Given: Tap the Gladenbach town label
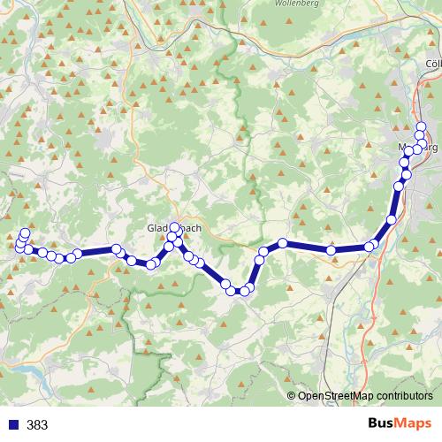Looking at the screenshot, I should pyautogui.click(x=174, y=227).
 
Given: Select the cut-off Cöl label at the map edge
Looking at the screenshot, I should pyautogui.click(x=433, y=64).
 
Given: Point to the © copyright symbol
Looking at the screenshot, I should pyautogui.click(x=292, y=395).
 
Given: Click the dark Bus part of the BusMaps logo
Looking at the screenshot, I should pyautogui.click(x=382, y=424).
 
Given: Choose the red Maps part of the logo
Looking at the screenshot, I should pyautogui.click(x=414, y=424).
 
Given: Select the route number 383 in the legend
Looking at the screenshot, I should pyautogui.click(x=37, y=425).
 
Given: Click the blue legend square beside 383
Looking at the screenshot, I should pyautogui.click(x=14, y=425).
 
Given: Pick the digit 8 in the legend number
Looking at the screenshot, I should pyautogui.click(x=37, y=425).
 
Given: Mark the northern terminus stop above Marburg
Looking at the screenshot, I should pyautogui.click(x=421, y=126).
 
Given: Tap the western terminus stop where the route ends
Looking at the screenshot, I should pyautogui.click(x=25, y=233).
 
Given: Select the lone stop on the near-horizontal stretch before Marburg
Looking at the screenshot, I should pyautogui.click(x=331, y=251).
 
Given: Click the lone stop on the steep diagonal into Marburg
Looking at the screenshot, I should pyautogui.click(x=392, y=219).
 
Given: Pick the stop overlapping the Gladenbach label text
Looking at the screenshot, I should pyautogui.click(x=174, y=228).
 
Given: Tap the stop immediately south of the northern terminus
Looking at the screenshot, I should pyautogui.click(x=421, y=136).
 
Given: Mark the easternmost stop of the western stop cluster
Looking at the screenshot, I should pyautogui.click(x=78, y=254).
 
